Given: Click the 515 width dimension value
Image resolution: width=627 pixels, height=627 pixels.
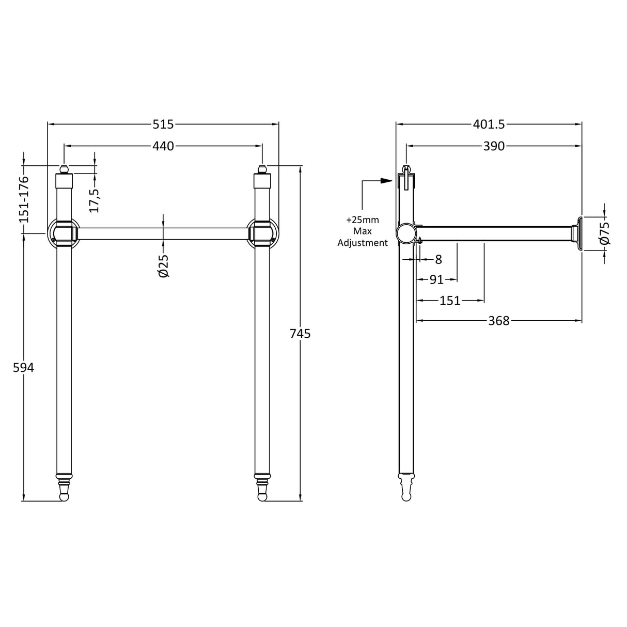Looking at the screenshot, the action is (163, 124).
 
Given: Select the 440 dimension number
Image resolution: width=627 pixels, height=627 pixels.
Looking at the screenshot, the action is (163, 146).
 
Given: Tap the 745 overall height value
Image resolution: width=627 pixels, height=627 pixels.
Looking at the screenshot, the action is (300, 334).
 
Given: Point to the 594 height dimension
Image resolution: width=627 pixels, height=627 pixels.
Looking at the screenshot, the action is (23, 368).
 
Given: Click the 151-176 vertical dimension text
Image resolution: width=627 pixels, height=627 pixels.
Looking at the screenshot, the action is (24, 199).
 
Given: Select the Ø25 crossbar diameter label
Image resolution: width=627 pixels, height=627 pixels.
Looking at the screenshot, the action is (164, 265).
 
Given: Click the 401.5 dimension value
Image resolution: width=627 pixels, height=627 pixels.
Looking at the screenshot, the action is (489, 124).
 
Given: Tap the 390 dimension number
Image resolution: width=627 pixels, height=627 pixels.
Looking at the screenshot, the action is (494, 146).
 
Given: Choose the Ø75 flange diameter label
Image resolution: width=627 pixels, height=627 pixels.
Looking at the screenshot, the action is (605, 233).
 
